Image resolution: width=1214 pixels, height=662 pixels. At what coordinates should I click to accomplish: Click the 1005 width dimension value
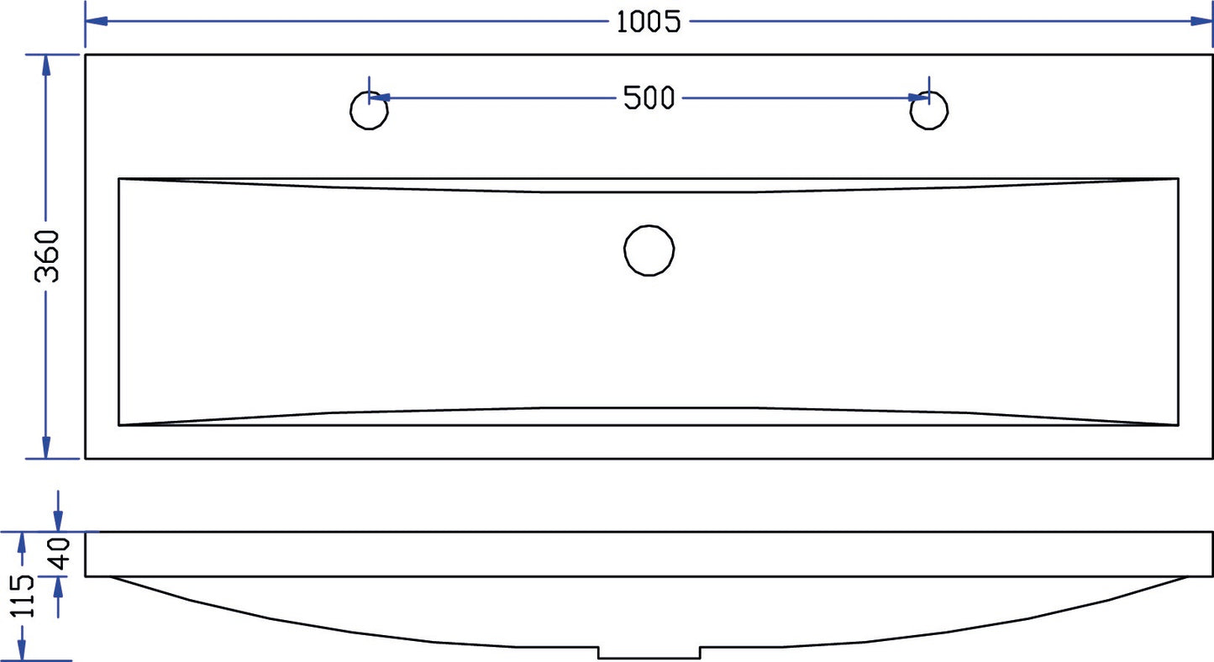point(648,22)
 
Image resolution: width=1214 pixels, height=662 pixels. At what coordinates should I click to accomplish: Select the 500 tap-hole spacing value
point(649,98)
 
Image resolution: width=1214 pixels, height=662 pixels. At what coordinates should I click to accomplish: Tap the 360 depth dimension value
point(47,256)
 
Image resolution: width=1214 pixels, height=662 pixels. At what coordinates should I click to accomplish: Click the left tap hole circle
point(368,111)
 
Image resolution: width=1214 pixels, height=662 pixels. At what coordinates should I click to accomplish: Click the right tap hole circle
point(929,111)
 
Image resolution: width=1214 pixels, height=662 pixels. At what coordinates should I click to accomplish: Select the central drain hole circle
point(649,250)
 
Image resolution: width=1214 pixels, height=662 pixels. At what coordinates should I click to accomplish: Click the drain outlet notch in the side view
point(649,653)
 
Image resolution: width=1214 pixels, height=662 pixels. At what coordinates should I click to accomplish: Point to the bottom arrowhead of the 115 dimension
point(24,650)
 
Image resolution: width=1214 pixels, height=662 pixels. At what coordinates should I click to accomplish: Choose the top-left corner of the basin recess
point(119,179)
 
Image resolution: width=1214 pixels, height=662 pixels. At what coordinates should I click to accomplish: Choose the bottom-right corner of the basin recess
point(1179,426)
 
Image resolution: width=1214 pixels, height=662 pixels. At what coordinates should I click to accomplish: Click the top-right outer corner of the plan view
point(1212,55)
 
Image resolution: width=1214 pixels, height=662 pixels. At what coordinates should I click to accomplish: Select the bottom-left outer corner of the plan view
point(86,459)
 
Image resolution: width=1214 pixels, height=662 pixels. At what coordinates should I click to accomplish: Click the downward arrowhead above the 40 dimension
point(58,521)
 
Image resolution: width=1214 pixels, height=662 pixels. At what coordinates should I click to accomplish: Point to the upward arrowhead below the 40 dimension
point(58,587)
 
